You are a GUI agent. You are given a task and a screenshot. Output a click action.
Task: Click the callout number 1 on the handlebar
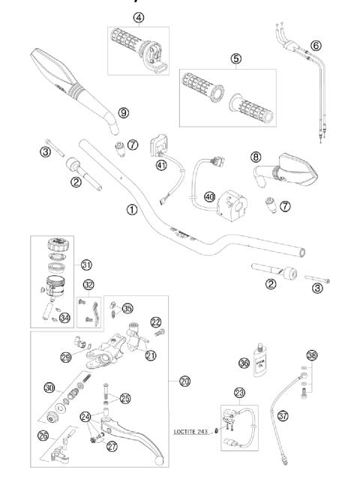(131, 210)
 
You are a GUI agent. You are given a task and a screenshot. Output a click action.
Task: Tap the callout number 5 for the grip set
(235, 58)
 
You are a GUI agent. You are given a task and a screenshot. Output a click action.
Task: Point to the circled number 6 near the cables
(316, 46)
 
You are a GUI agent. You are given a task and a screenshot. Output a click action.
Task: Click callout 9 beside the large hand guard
(123, 112)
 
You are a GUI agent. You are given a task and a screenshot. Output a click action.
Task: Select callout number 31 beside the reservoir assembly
(87, 265)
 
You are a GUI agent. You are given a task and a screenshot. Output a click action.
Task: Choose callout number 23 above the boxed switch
(239, 392)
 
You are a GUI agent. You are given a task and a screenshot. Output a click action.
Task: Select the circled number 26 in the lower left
(43, 434)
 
